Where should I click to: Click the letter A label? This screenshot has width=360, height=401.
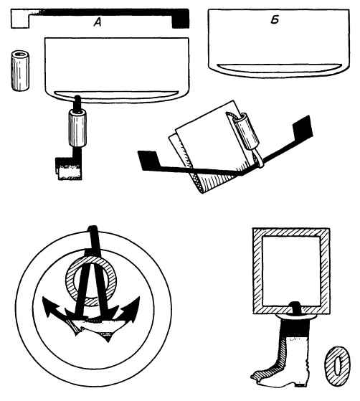click(98, 23)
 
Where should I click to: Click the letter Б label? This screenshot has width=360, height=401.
click(275, 20)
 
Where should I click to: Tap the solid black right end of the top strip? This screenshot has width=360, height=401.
click(181, 19)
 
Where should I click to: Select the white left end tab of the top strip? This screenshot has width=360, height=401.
click(20, 19)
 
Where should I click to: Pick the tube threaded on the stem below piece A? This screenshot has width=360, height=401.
click(77, 128)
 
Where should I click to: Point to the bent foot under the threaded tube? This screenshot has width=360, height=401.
click(69, 168)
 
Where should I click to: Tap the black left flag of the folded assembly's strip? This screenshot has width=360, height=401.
click(148, 160)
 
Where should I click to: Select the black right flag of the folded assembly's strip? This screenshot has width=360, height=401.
click(303, 128)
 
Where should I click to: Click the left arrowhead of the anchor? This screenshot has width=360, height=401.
click(50, 306)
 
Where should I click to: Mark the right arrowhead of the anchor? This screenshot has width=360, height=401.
click(131, 306)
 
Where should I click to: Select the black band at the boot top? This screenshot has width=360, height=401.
click(295, 329)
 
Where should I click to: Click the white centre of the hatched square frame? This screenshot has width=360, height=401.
click(291, 271)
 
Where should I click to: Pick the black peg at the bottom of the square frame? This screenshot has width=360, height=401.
click(294, 308)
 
